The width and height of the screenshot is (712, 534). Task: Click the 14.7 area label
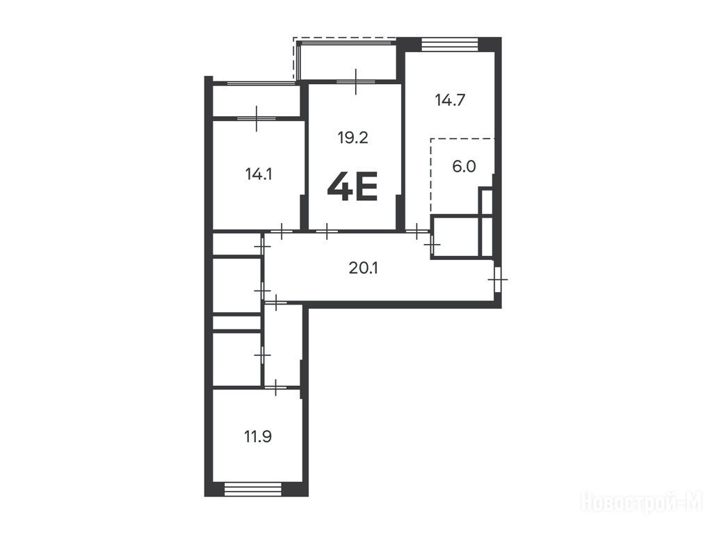[x=450, y=100]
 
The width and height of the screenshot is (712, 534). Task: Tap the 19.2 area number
[x=353, y=137]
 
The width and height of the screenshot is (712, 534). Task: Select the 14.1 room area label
[x=259, y=174]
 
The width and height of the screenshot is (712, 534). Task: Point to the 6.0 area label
[x=464, y=166]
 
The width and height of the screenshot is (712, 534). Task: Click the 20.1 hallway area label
[x=364, y=268]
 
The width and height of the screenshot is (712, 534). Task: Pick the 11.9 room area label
[x=258, y=437]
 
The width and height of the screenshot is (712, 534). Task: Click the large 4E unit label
[x=353, y=187]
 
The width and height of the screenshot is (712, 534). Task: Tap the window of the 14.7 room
[x=450, y=44]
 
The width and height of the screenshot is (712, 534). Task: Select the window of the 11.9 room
[x=253, y=489]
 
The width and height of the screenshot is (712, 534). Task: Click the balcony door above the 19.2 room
[x=355, y=82]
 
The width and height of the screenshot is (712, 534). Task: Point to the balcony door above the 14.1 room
[x=257, y=118]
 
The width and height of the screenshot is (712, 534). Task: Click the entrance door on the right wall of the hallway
[x=498, y=280]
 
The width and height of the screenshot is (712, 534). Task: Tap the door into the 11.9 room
[x=275, y=388]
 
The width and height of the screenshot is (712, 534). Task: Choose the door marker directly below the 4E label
[x=326, y=231]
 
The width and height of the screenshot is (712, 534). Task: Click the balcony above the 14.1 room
[x=257, y=100]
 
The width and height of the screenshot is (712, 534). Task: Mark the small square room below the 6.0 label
[x=455, y=238]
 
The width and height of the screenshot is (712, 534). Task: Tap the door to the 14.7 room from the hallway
[x=417, y=231]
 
